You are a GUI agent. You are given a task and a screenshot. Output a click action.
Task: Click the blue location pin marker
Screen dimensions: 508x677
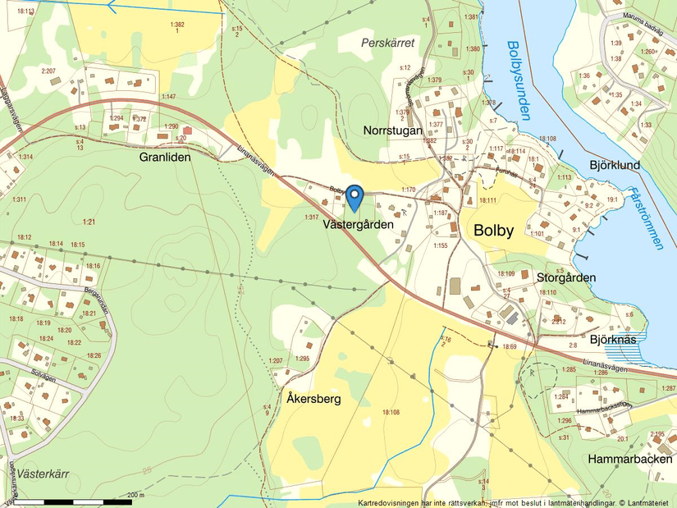click(x=355, y=197)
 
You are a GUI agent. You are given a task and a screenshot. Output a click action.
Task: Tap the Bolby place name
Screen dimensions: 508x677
click(x=493, y=231)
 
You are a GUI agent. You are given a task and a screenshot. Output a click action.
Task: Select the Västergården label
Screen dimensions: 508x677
click(x=358, y=223)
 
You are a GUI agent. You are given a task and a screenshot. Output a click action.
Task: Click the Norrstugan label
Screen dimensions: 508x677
click(x=392, y=130)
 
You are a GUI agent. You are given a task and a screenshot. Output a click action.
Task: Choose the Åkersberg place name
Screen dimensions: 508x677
click(x=314, y=399)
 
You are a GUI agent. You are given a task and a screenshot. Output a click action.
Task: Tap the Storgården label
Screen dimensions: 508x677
click(x=565, y=277)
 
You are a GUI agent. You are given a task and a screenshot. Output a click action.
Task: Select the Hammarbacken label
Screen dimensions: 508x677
click(x=629, y=460)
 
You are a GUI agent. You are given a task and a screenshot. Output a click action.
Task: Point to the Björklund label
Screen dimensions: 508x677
click(x=615, y=165)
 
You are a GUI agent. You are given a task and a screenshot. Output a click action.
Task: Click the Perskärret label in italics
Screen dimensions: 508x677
click(x=388, y=41)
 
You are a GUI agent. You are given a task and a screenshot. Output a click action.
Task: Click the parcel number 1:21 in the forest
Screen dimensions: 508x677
click(x=89, y=222)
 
